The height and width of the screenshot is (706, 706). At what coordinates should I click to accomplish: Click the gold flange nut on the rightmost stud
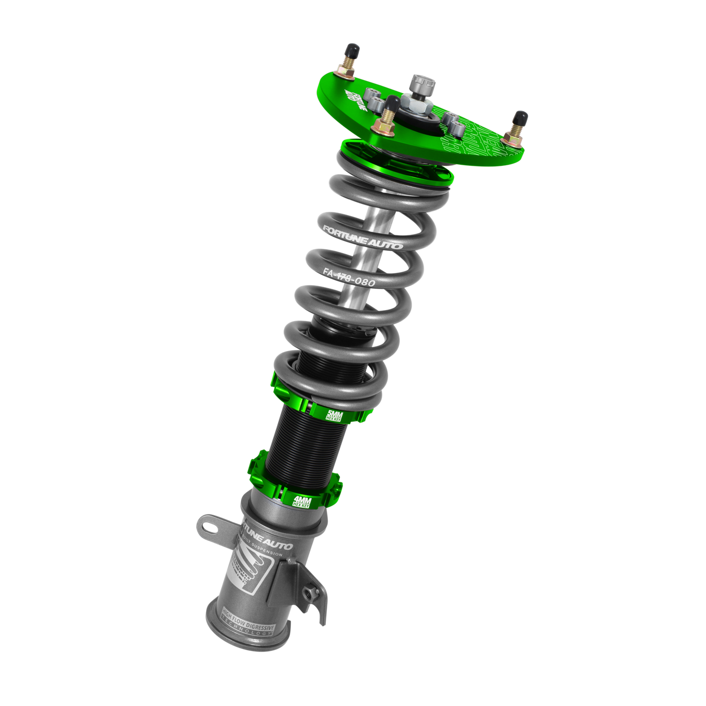pyautogui.click(x=511, y=138)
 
